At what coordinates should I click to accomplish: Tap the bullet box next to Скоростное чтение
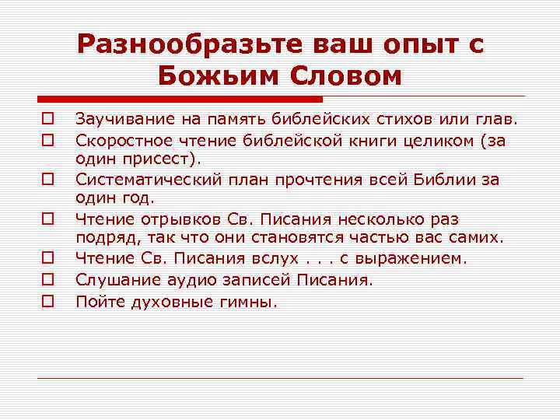tap(47, 140)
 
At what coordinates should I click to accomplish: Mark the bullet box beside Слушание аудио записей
tap(47, 278)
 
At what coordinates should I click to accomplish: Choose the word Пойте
tap(96, 299)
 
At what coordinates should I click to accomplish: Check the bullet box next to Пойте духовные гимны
tap(47, 299)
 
